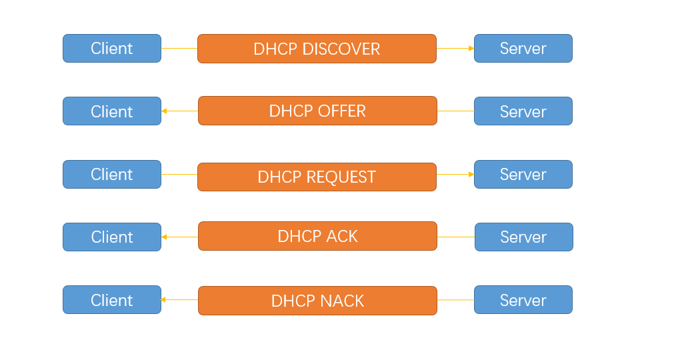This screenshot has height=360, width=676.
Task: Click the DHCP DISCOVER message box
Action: tap(317, 49)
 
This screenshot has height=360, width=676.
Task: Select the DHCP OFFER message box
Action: tap(317, 111)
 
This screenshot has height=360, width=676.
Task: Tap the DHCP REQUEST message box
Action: tap(317, 177)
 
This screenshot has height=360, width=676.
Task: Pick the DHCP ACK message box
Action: tap(317, 236)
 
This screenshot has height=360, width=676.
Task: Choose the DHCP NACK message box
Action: tap(317, 301)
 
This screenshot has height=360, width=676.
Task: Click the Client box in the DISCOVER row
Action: tap(112, 49)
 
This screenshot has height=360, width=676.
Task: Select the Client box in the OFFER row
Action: tap(112, 111)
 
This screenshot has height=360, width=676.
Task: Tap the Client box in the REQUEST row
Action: tap(112, 174)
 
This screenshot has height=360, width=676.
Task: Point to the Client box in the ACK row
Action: tap(112, 237)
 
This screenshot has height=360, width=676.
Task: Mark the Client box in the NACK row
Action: tap(112, 300)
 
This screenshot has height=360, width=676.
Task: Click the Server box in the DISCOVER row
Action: tap(523, 49)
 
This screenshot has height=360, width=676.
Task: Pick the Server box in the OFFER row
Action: tap(523, 111)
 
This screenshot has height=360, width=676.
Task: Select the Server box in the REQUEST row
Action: tap(523, 174)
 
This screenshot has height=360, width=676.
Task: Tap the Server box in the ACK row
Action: tap(524, 237)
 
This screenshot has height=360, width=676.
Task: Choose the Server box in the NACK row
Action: tap(523, 300)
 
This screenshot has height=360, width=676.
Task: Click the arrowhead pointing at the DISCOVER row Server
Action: tap(471, 49)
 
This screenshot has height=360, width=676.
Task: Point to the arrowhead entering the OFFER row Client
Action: tap(165, 111)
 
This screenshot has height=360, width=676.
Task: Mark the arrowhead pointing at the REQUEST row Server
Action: tap(471, 174)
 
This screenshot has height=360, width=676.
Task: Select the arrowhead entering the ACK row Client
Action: tap(165, 237)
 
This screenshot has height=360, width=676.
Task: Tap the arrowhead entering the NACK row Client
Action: tap(165, 300)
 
